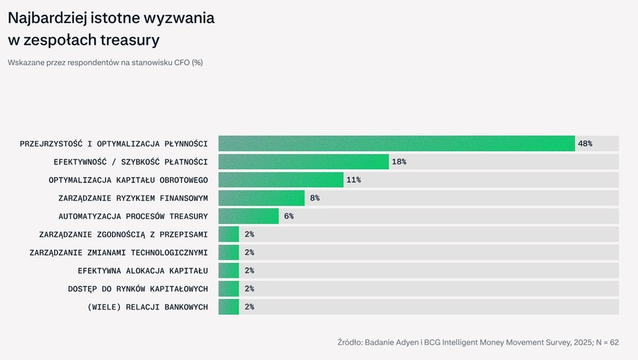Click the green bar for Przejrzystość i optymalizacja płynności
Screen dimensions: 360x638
(396, 144)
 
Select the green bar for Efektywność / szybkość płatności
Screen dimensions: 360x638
(303, 162)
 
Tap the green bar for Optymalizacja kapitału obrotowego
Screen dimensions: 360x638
(281, 180)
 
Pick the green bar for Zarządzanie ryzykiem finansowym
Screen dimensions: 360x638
(261, 198)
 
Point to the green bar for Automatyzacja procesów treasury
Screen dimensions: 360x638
(248, 216)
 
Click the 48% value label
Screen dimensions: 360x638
(585, 144)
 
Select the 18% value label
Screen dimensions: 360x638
(399, 162)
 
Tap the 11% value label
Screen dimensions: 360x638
(354, 180)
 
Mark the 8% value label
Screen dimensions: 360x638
(315, 198)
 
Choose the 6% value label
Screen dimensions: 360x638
(288, 216)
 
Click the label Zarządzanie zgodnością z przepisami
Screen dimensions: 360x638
(123, 234)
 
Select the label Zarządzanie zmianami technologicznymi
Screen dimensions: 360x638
(119, 252)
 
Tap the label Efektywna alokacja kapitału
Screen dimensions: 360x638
(143, 271)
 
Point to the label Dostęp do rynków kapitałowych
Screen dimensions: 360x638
(138, 289)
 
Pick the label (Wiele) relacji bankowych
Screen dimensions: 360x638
(148, 307)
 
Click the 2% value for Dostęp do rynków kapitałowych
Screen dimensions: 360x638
(250, 289)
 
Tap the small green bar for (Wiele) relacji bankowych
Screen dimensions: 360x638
(229, 307)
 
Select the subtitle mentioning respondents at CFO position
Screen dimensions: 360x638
(105, 62)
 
